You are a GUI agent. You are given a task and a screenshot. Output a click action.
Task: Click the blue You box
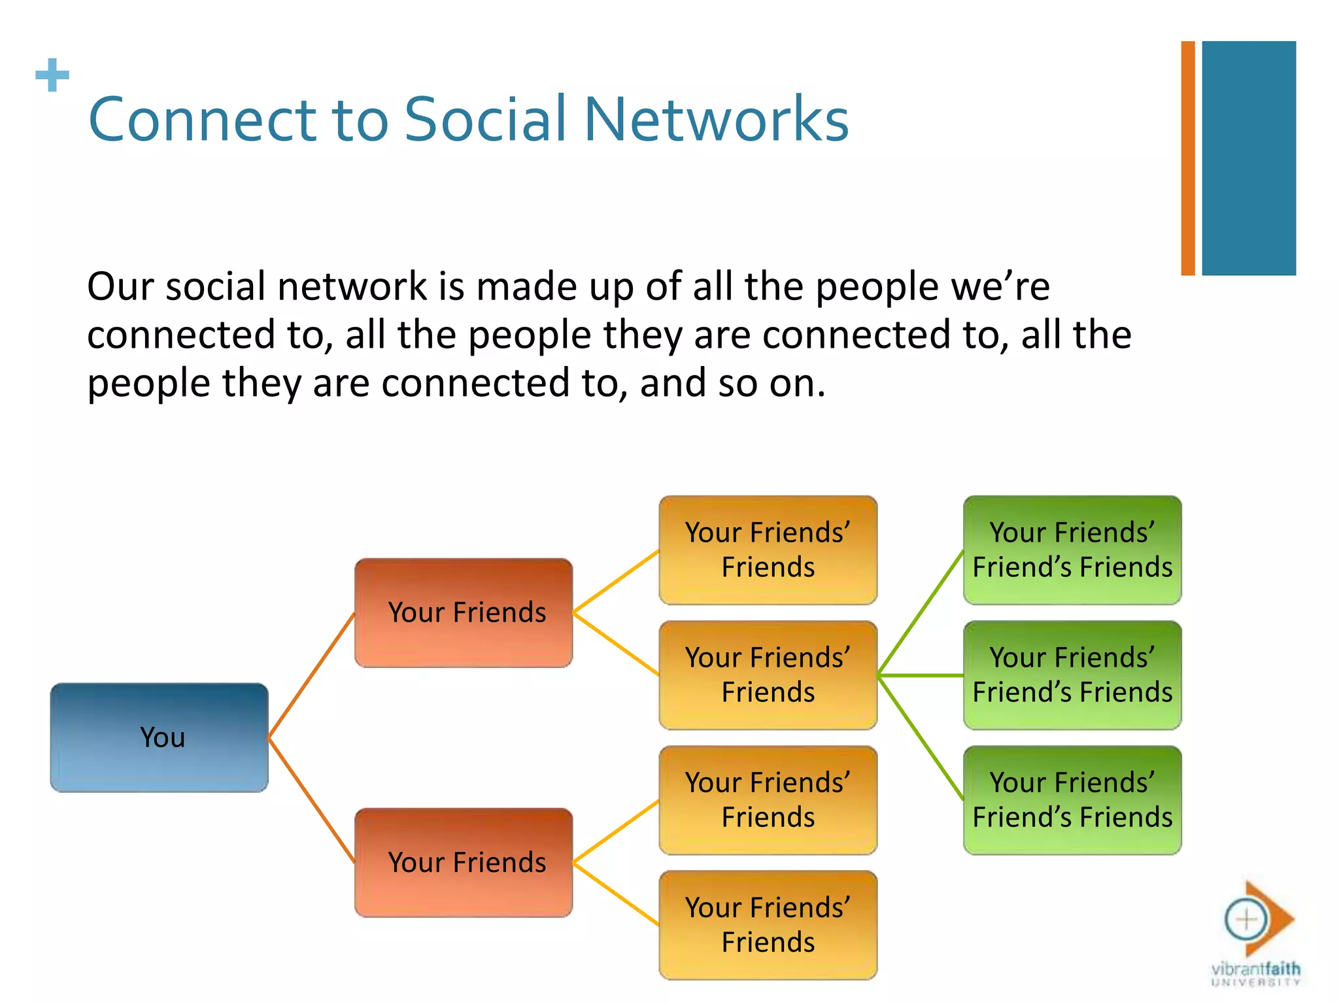click(x=159, y=737)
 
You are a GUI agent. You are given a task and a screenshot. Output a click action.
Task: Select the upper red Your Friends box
click(x=464, y=612)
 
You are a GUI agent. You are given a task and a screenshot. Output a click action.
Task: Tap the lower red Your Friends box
click(x=464, y=862)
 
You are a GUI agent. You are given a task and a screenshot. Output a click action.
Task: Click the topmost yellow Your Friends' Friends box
click(x=768, y=550)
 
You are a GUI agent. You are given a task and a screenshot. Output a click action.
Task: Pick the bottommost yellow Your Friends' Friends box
click(x=768, y=925)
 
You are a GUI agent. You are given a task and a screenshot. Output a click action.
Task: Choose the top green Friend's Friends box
click(x=1072, y=550)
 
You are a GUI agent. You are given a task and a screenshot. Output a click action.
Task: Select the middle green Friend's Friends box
click(x=1072, y=675)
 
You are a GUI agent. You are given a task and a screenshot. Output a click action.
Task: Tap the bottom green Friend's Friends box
click(x=1072, y=800)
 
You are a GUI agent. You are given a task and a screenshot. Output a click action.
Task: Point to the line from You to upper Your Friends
click(x=311, y=676)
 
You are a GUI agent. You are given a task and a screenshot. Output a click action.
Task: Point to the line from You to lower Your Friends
click(x=311, y=800)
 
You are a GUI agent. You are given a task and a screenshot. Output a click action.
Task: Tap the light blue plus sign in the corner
click(x=52, y=75)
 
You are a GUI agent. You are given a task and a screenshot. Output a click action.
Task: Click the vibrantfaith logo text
click(x=1255, y=969)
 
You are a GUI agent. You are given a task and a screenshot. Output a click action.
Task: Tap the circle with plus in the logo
click(x=1246, y=919)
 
